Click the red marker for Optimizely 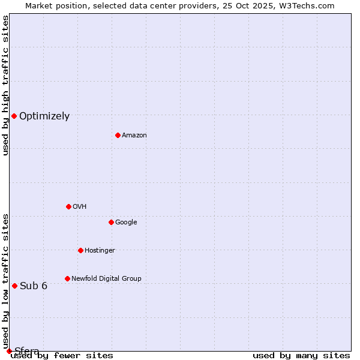tap(14, 116)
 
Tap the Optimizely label tap(44, 116)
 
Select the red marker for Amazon tap(118, 135)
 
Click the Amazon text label tap(134, 136)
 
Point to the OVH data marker tap(68, 206)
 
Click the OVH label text tap(80, 207)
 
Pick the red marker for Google tap(111, 222)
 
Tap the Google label tap(126, 223)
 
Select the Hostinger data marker tap(80, 250)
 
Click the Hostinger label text tap(100, 251)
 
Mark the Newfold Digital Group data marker tap(67, 278)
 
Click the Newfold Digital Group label tap(106, 279)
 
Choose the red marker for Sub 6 tap(14, 286)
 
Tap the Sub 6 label tap(34, 286)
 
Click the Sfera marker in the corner tap(9, 351)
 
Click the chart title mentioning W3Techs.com tap(180, 6)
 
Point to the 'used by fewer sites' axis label tap(62, 356)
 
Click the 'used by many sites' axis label tap(301, 356)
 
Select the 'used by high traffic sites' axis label tap(6, 85)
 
